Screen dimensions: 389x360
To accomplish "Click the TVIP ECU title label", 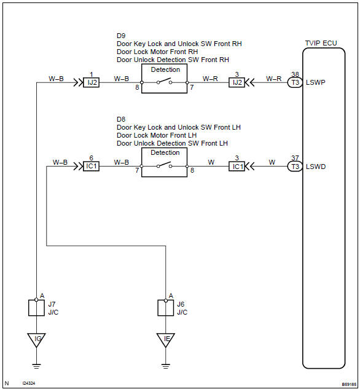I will tap(321, 45).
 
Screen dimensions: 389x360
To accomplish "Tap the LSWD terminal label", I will tap(316, 166).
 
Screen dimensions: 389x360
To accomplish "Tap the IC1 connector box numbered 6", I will tap(91, 166).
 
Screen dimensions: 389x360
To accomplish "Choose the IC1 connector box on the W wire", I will tap(237, 166).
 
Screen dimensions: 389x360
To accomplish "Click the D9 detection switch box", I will tap(165, 79).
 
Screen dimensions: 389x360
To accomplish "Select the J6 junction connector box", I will tap(165, 307).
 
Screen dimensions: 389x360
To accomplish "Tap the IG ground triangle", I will tap(37, 338).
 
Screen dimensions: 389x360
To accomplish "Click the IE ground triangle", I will tap(165, 338).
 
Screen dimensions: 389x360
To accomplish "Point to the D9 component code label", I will tap(120, 36).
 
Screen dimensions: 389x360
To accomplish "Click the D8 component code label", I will tap(120, 119).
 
